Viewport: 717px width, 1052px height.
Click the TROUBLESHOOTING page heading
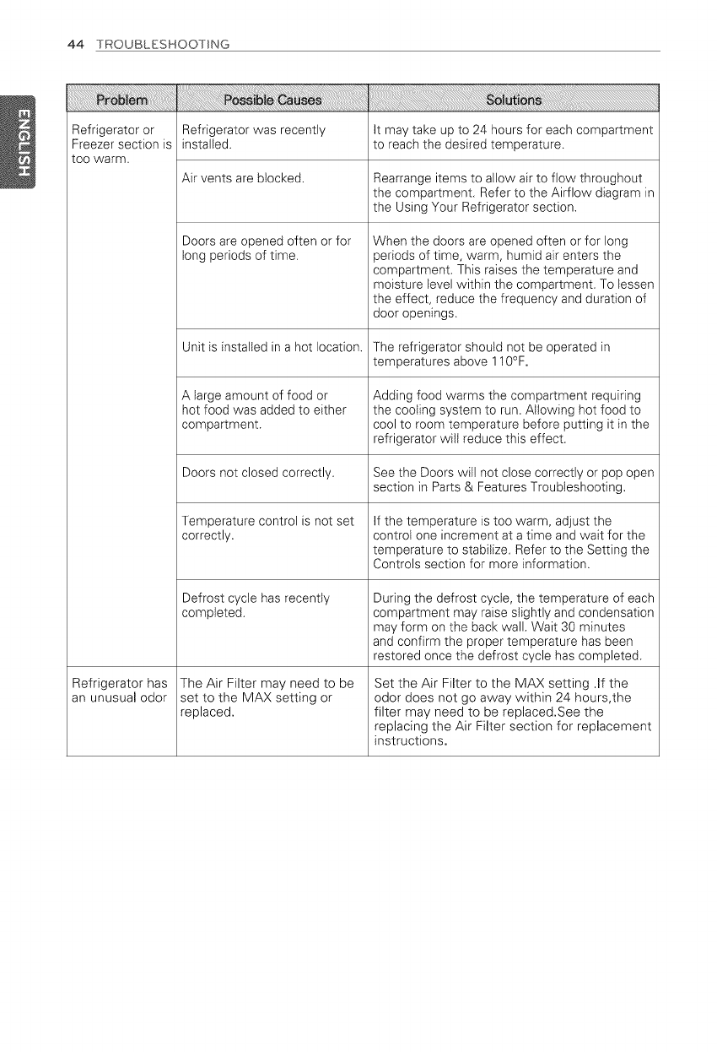(162, 44)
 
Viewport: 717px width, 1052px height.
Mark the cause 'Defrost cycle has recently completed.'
(256, 606)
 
